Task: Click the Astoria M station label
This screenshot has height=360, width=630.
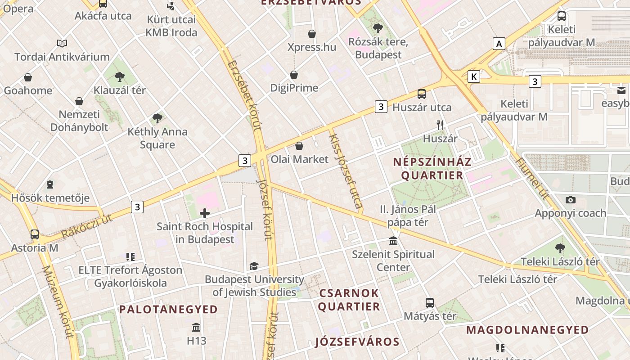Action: [x=35, y=247]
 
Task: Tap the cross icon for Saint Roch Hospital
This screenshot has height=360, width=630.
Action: [x=205, y=213]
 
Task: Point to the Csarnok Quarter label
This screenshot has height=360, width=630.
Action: [x=349, y=300]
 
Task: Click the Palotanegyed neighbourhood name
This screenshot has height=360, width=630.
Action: [x=168, y=310]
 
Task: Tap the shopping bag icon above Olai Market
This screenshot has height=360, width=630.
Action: [x=299, y=146]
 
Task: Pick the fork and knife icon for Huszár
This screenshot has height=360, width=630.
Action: [x=440, y=125]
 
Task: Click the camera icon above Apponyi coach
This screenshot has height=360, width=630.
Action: [x=570, y=200]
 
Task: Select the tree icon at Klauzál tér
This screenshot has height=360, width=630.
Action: [x=119, y=77]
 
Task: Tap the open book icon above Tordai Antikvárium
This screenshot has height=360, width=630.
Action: [x=62, y=43]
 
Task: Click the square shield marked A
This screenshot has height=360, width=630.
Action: [x=499, y=44]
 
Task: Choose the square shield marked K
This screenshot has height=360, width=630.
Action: [x=473, y=76]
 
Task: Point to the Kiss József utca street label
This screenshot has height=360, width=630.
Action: [x=346, y=171]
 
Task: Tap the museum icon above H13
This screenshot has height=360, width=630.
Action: [x=196, y=327]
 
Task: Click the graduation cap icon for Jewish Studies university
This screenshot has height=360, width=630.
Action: [x=254, y=266]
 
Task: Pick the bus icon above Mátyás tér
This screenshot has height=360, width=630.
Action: [x=430, y=302]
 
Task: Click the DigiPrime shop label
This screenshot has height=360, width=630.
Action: [x=294, y=88]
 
